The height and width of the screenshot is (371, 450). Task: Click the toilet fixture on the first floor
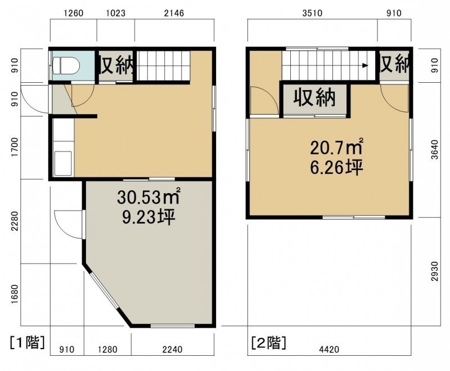coord(66,65)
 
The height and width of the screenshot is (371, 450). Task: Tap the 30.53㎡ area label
coord(148,197)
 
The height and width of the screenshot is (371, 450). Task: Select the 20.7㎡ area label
coord(337,147)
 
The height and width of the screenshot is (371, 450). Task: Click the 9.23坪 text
coord(148,217)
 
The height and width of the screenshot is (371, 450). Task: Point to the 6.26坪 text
coord(337,167)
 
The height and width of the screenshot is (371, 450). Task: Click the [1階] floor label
coord(28,342)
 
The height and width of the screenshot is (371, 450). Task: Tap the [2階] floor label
coord(269,342)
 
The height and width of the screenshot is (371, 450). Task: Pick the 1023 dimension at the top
coord(116,13)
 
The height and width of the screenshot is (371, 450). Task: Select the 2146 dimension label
coord(174,13)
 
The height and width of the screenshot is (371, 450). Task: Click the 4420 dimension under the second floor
coord(329,350)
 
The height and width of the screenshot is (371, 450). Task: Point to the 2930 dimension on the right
coord(435,271)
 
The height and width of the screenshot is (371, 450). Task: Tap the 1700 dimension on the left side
coord(15,147)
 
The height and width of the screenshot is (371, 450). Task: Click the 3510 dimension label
coord(312,13)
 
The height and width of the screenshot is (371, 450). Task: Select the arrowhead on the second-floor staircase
coord(365,65)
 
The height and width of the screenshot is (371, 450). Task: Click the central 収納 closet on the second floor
coord(314,99)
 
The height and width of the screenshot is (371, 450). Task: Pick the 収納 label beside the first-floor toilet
coord(116,65)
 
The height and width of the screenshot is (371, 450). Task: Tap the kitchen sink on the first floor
coord(63,163)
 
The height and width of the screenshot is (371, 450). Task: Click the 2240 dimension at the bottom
coord(172,350)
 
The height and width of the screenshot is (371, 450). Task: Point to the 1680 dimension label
coord(15,294)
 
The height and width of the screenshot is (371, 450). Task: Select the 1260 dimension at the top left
coord(73,13)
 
